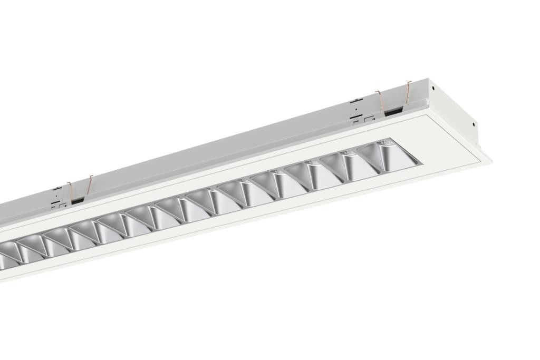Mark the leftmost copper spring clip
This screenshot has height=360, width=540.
(69, 189)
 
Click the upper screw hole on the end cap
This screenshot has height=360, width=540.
(432, 88)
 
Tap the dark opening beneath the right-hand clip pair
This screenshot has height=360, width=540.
(393, 112)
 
